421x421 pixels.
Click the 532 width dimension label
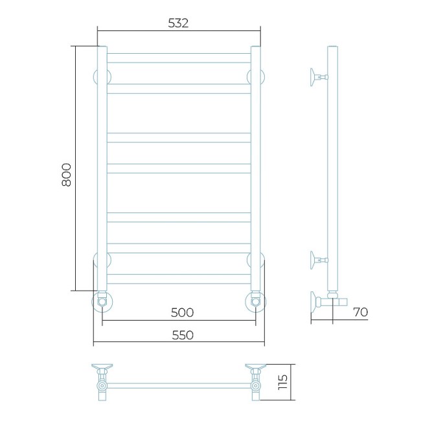point(178,23)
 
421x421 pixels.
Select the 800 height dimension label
point(66,175)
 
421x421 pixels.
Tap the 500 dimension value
point(182,313)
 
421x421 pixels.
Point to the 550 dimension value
point(182,335)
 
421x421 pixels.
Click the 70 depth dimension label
point(360,312)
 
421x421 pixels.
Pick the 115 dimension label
point(283,382)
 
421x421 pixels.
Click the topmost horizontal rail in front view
point(179,58)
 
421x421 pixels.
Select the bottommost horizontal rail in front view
point(179,279)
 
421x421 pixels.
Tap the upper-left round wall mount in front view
point(102,76)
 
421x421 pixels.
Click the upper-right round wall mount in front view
point(256,76)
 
